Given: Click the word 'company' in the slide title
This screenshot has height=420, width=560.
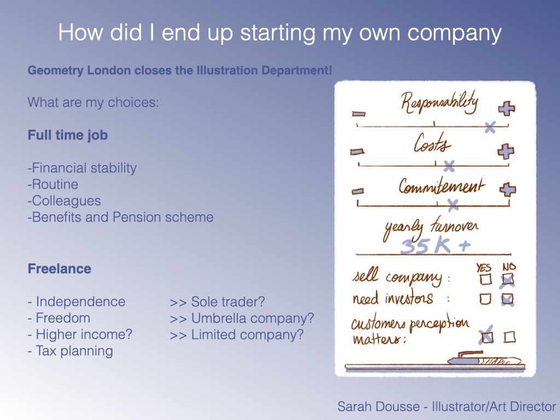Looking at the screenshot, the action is point(454,34).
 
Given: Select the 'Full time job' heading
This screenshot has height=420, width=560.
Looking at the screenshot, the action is point(68,136).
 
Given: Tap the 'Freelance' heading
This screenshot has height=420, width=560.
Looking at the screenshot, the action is point(59,269).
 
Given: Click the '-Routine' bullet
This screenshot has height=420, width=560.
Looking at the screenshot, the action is point(53,184).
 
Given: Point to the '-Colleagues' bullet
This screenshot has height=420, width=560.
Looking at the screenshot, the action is point(65,201).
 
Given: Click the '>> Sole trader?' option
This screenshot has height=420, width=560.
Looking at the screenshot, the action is point(217,302).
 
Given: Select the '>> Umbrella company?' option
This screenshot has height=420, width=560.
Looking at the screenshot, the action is point(242,318).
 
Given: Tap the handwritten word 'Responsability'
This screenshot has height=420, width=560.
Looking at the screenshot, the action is point(439,102).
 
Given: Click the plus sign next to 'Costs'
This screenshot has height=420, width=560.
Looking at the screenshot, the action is point(506,151).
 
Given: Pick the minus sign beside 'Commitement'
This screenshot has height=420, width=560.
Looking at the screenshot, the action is point(358,191).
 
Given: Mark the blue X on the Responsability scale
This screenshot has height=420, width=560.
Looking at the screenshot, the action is point(490,127).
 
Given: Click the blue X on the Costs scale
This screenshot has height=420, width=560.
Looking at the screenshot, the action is point(449,166).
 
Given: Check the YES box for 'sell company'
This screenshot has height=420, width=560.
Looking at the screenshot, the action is point(486,279).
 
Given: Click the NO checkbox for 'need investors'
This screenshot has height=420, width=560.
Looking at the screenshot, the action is point(507,299).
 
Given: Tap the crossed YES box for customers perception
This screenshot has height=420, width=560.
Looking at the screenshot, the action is point(487,336).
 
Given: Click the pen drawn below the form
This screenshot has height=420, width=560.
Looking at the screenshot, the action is point(484,358).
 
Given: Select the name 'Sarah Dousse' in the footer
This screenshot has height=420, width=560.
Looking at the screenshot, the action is point(378,406).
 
